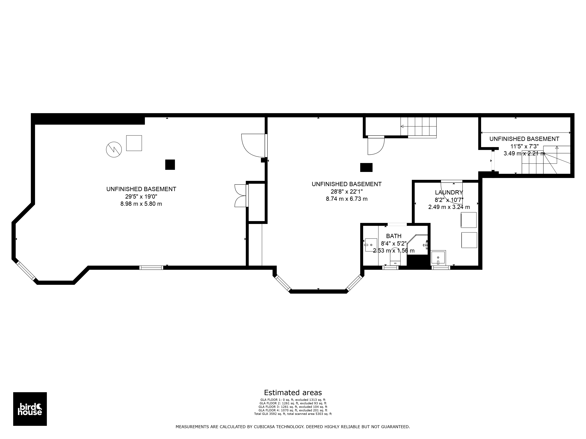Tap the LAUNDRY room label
(x=449, y=192)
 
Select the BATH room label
(x=394, y=236)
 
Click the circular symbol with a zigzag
(x=114, y=150)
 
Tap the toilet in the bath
(x=395, y=260)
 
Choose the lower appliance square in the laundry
(x=469, y=240)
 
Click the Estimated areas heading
(x=293, y=392)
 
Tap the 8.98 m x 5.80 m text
(x=141, y=204)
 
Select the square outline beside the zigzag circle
(x=134, y=143)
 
